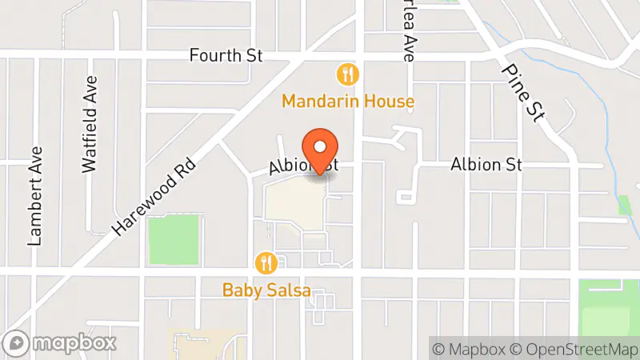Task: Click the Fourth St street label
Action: [x=226, y=56]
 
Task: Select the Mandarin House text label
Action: [x=347, y=102]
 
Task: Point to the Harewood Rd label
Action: [x=154, y=195]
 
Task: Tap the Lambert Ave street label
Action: [x=36, y=195]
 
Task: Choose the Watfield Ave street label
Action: [x=90, y=124]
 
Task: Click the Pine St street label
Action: [x=523, y=91]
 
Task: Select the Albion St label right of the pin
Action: [x=486, y=165]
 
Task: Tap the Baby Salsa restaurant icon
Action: [x=266, y=262]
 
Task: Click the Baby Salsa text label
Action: [x=266, y=290]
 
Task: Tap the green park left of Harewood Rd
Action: [x=173, y=238]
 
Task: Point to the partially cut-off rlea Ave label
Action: [x=408, y=32]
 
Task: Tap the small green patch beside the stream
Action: [x=625, y=204]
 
